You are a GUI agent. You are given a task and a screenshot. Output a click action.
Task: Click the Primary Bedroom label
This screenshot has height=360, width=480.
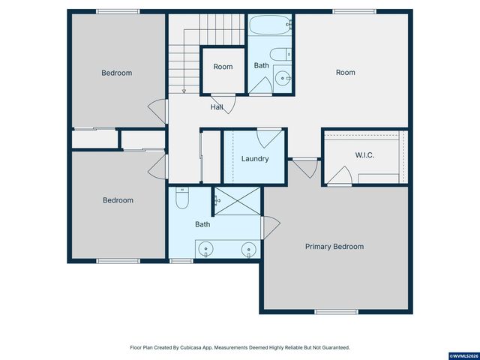pyautogui.click(x=334, y=247)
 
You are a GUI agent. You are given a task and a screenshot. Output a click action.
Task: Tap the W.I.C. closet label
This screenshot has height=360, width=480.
pyautogui.click(x=364, y=155)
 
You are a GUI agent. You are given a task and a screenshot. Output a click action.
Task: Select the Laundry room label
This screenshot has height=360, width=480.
pyautogui.click(x=255, y=159)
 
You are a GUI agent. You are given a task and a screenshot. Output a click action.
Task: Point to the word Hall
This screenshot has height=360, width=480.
pyautogui.click(x=217, y=107)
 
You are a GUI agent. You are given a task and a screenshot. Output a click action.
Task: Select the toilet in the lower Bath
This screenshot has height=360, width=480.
pyautogui.click(x=182, y=199)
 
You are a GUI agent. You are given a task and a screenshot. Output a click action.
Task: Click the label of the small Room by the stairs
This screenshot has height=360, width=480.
pyautogui.click(x=223, y=67)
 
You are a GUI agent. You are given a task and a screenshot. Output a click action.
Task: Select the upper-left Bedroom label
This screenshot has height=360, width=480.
pyautogui.click(x=117, y=73)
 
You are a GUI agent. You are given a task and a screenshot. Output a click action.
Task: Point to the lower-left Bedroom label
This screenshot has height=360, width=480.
pyautogui.click(x=118, y=200)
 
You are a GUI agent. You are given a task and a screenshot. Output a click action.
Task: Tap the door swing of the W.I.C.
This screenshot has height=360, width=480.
pyautogui.click(x=341, y=177)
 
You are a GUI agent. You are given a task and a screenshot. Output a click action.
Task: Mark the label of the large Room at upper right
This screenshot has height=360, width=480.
pyautogui.click(x=345, y=73)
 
